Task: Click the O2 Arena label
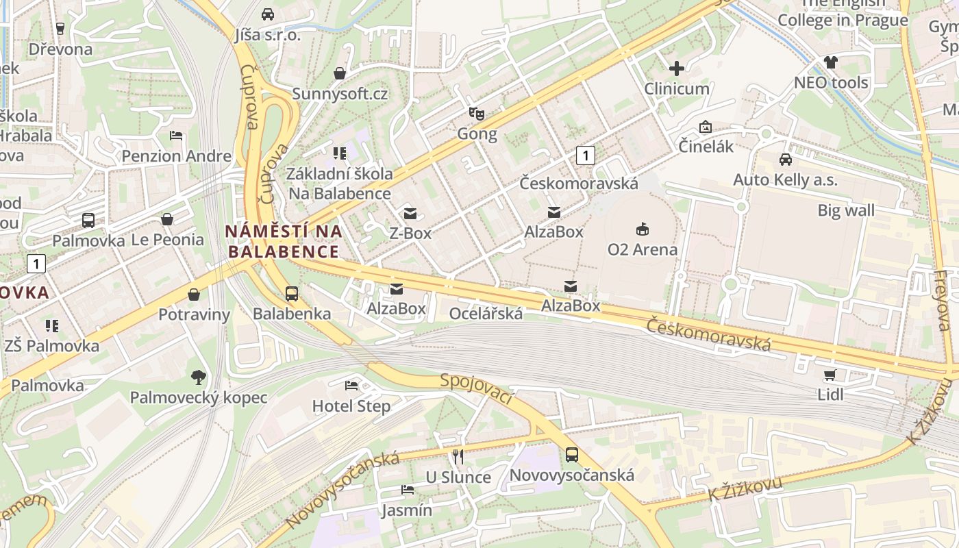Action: click(642, 249)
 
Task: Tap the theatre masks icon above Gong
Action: click(477, 113)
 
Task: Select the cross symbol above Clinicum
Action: click(677, 68)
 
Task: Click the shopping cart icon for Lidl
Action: click(830, 375)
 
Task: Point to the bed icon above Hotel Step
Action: click(351, 386)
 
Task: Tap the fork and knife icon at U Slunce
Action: click(458, 456)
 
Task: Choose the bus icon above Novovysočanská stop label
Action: click(571, 454)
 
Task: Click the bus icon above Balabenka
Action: click(291, 294)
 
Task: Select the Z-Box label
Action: click(410, 233)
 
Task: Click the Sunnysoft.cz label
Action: click(340, 93)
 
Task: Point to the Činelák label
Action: click(706, 146)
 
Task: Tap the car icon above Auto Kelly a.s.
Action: click(785, 160)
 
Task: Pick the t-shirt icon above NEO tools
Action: click(831, 62)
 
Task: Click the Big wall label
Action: click(846, 210)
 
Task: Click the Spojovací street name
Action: click(477, 388)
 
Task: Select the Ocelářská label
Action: click(486, 314)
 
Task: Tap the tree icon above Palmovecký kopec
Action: click(199, 377)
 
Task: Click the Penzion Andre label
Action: click(176, 156)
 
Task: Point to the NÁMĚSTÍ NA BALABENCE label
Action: click(284, 241)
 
